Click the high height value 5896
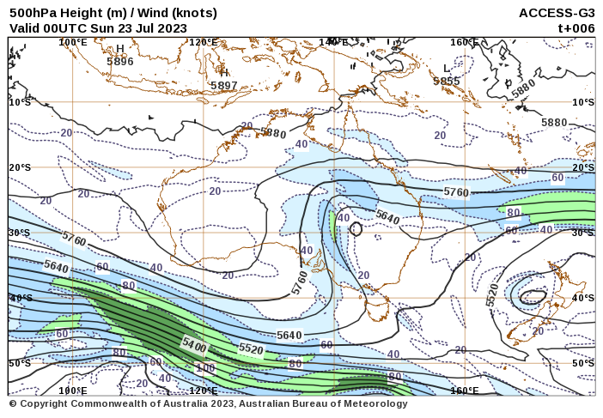coord(120,62)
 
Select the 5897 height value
coord(223,86)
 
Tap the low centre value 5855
coord(447,82)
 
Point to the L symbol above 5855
coord(447,69)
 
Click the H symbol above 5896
coord(120,49)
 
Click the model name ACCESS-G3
coord(557,13)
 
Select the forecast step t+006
coord(576,27)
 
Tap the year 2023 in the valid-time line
coord(172,27)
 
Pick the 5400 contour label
coord(194,346)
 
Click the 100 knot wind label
coord(205,368)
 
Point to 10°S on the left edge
coord(19,102)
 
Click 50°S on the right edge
coord(583,363)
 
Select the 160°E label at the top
coord(464,42)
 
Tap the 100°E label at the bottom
coord(73,391)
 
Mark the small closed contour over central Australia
coord(356,230)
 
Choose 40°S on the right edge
coord(583,298)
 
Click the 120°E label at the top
coord(204,42)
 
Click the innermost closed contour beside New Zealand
coord(533,296)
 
